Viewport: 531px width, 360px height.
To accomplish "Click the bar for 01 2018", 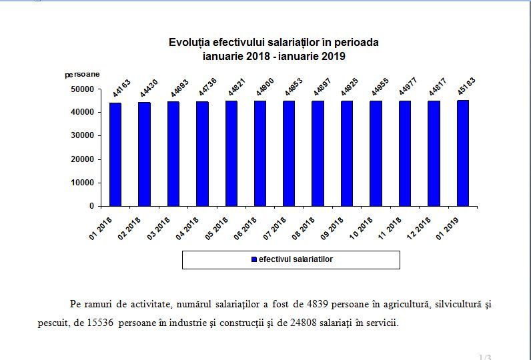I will [x=115, y=154].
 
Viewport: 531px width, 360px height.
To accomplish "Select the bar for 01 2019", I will [x=462, y=153].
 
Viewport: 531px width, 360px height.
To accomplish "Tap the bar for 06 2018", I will [x=260, y=153].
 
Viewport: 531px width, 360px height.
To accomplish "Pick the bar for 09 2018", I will [x=347, y=153].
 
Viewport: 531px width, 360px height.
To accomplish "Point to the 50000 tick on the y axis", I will [x=82, y=89].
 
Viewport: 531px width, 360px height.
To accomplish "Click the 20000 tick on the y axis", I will [x=82, y=159].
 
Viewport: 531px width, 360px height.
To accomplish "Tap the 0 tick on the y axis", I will [x=91, y=206].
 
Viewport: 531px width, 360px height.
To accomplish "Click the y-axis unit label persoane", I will [x=82, y=75].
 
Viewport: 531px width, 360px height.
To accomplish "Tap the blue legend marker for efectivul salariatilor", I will [x=253, y=259].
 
